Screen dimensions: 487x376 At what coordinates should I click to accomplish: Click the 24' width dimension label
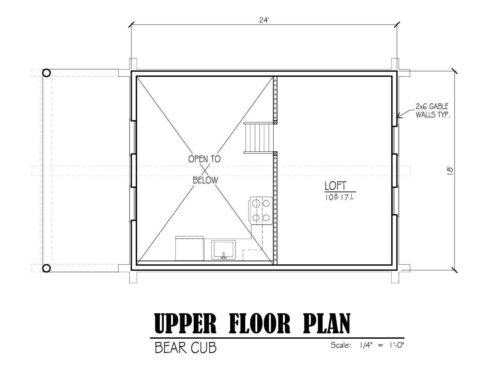click(264, 20)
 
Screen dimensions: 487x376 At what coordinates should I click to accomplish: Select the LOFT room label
click(336, 186)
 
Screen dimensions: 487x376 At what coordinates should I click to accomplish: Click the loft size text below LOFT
click(340, 197)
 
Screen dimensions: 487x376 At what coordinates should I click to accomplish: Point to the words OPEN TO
click(204, 159)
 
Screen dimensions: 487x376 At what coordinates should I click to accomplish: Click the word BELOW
click(205, 180)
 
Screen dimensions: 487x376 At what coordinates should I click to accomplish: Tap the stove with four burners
click(261, 210)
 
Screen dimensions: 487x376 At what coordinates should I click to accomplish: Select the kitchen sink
click(223, 250)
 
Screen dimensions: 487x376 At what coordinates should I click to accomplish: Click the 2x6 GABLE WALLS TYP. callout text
click(433, 110)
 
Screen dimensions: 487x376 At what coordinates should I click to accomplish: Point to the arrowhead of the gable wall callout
click(397, 116)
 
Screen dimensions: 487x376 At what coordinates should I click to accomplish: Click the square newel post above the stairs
click(275, 122)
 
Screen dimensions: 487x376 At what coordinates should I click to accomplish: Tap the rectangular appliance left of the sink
click(190, 248)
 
